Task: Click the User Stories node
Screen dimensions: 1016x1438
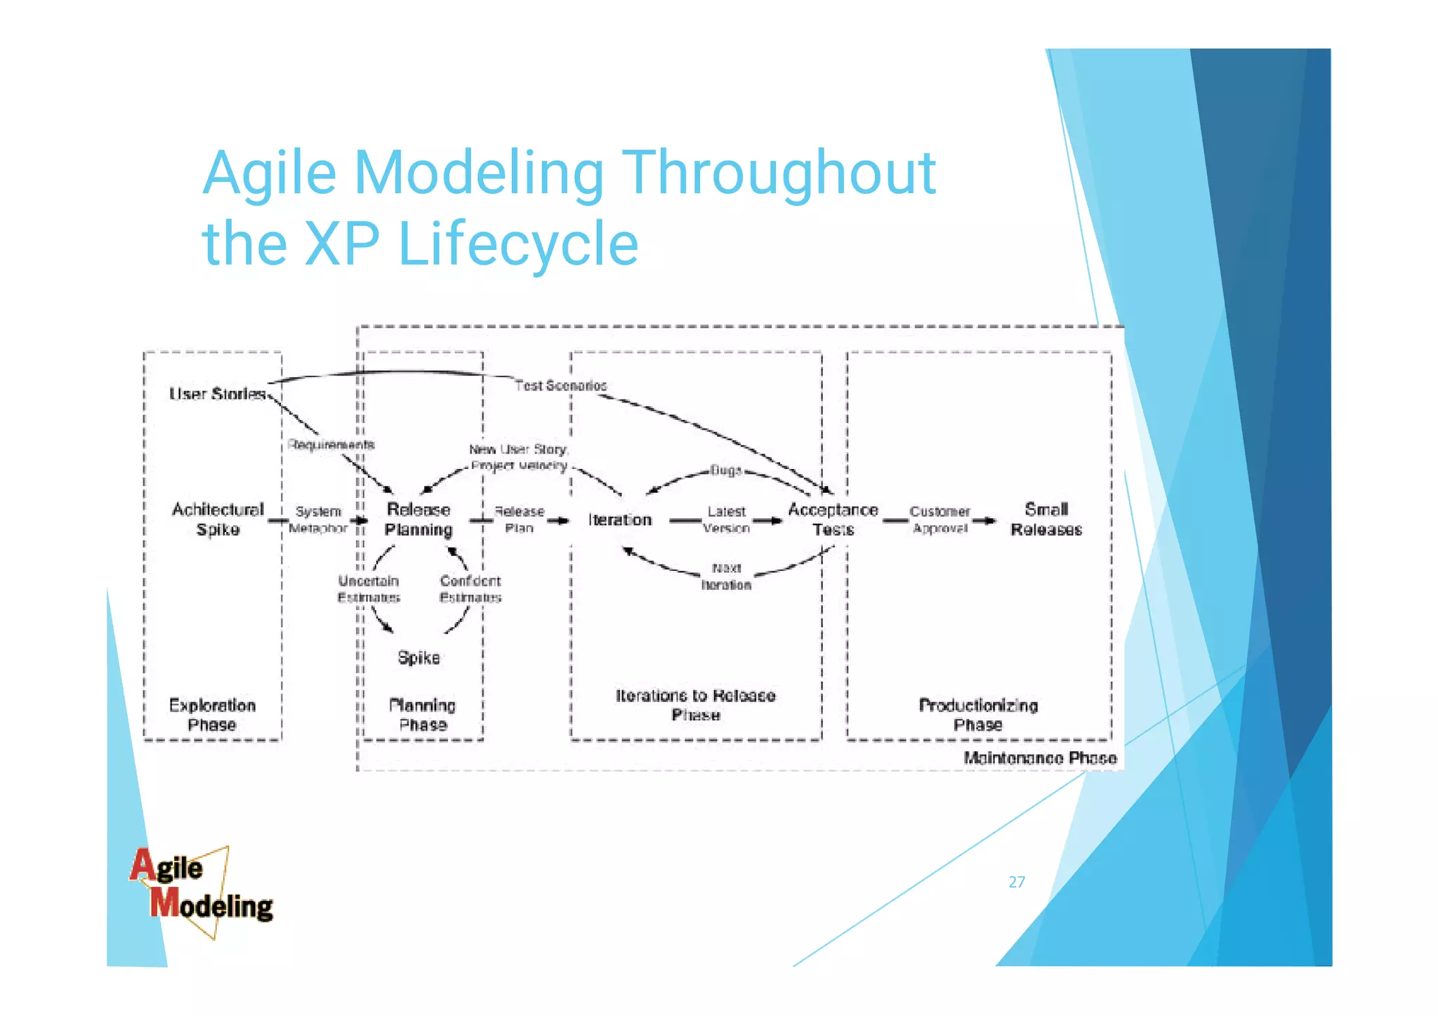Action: (217, 394)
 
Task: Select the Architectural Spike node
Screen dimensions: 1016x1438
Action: (218, 519)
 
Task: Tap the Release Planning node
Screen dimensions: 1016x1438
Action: (418, 519)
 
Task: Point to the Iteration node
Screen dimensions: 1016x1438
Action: (620, 520)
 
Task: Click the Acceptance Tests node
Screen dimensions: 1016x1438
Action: (833, 519)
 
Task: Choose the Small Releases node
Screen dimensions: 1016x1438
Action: (1045, 519)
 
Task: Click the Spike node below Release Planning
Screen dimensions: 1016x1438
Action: (418, 657)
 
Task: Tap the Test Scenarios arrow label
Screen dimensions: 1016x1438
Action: (560, 385)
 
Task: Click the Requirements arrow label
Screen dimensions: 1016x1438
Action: (331, 444)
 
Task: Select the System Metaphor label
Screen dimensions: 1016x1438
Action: (318, 520)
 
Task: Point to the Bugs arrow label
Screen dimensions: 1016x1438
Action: (725, 470)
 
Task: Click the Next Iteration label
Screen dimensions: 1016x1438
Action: (726, 576)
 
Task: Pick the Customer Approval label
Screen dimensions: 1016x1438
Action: (939, 520)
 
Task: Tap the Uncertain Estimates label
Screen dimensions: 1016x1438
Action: (369, 588)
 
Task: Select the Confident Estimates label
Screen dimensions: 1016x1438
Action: (470, 588)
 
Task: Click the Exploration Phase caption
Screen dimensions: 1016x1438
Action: (212, 714)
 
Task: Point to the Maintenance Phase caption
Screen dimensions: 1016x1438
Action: (1039, 758)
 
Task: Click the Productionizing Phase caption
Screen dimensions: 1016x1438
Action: (978, 714)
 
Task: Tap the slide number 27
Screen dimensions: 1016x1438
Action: (1017, 882)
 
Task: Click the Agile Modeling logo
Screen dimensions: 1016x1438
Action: (202, 890)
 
